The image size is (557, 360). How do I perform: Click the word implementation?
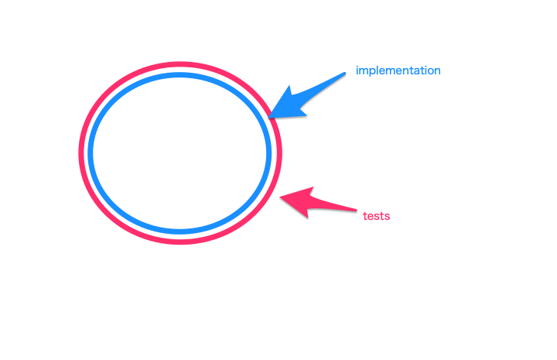(398, 70)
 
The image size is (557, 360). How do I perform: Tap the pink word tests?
(377, 216)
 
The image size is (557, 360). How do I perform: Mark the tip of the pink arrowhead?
(279, 197)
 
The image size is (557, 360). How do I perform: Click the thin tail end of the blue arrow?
(345, 74)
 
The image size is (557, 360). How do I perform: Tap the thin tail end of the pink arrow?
(356, 210)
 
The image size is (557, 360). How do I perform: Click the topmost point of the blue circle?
(179, 74)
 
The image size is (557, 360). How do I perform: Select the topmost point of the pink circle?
(180, 64)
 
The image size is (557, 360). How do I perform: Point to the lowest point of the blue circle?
(179, 231)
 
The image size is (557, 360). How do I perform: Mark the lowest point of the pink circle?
(180, 242)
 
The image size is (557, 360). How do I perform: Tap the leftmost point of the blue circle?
(90, 153)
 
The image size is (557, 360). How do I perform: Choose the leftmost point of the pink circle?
(80, 153)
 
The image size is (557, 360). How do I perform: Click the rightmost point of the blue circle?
(269, 153)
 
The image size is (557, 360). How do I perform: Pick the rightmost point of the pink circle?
(280, 153)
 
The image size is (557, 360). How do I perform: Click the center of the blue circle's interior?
(179, 153)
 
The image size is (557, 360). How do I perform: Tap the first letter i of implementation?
(357, 70)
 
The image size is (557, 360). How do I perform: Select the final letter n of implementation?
(437, 71)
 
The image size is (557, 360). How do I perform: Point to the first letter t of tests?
(365, 216)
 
